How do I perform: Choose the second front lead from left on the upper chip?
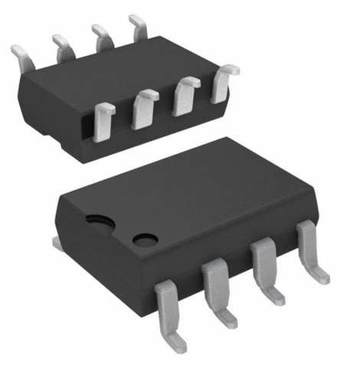coord(144,107)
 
